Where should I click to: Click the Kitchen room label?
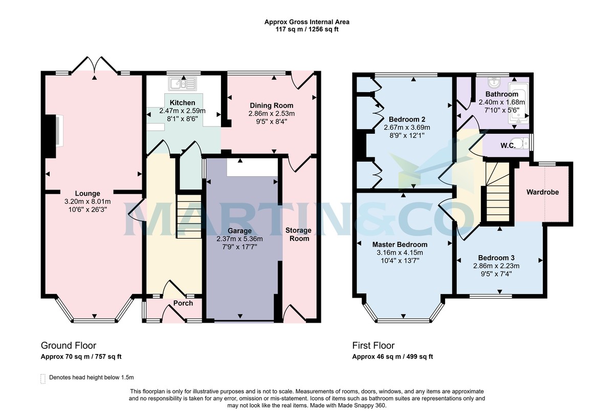click(183, 103)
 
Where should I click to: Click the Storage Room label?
click(298, 235)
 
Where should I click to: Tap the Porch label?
click(183, 303)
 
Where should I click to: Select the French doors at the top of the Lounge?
click(95, 65)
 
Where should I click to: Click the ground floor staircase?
click(189, 216)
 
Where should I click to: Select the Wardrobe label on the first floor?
click(542, 193)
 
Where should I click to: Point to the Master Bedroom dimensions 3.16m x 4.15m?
click(397, 253)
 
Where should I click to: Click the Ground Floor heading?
click(69, 346)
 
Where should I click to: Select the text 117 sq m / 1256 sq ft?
click(306, 29)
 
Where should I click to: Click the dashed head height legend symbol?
click(43, 378)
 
